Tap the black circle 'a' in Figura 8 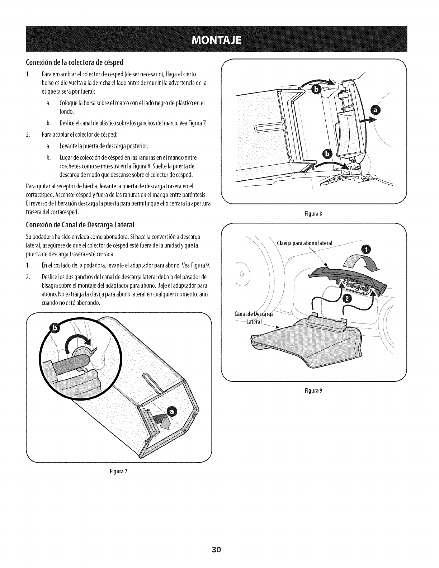[376, 112]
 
